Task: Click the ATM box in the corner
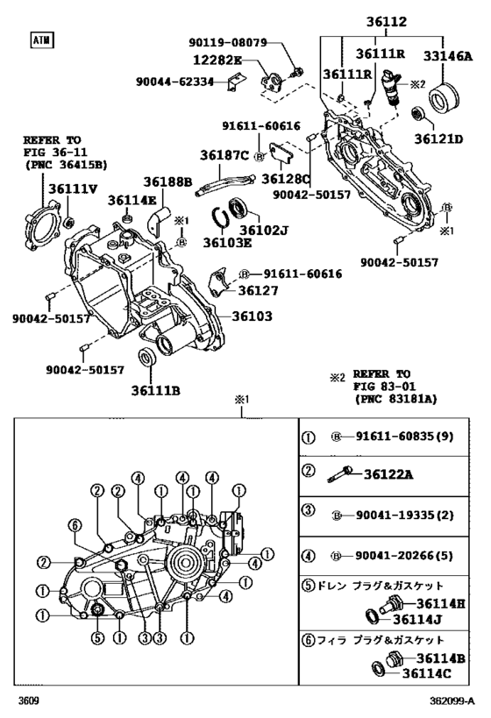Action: [x=40, y=39]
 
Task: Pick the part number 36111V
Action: [x=73, y=188]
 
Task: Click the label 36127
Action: [x=256, y=291]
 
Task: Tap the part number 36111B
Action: [x=156, y=390]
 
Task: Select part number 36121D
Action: [x=439, y=139]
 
